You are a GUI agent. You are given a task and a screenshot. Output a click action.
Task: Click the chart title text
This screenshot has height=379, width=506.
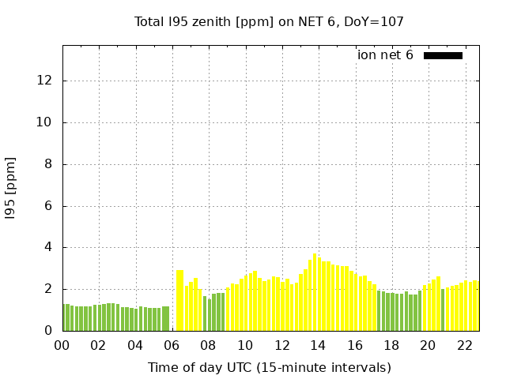point(269,22)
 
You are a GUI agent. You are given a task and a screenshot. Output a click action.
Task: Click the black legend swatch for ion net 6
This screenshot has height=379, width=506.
point(443,55)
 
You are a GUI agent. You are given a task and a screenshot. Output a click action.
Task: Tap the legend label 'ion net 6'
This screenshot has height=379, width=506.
point(385,55)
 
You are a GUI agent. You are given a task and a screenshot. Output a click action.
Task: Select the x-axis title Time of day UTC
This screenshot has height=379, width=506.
point(269,367)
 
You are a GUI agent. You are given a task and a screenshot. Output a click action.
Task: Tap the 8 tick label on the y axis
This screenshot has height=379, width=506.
point(50,164)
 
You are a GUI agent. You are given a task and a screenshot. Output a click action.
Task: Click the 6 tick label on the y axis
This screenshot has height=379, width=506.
point(50,206)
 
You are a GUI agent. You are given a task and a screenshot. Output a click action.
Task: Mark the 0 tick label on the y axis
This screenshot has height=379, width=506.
point(50,331)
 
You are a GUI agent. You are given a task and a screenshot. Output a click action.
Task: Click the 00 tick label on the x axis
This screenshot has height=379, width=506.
point(62,345)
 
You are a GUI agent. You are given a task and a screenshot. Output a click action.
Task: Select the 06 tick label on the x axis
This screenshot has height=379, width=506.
point(172,345)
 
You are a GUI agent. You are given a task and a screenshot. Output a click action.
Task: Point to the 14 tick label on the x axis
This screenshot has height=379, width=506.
point(318,345)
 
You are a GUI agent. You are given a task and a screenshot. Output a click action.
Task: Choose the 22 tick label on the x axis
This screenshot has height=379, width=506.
point(464,345)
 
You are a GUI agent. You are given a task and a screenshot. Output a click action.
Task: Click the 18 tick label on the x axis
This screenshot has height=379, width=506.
point(391,345)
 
